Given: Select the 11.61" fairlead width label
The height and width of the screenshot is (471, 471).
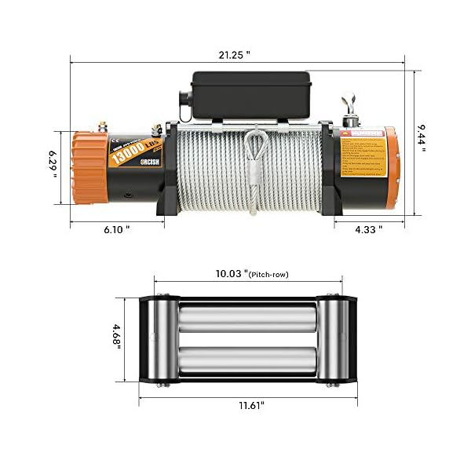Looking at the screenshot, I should [249, 406].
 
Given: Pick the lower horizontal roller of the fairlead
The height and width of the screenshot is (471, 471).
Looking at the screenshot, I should [247, 361].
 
